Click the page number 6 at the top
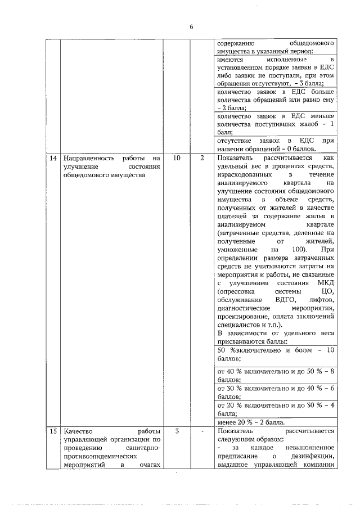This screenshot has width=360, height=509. click(x=191, y=26)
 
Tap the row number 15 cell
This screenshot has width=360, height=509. click(x=52, y=432)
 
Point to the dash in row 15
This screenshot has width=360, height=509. click(x=201, y=432)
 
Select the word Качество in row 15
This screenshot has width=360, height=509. click(x=79, y=432)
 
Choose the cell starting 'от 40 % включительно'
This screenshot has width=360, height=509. click(x=276, y=375)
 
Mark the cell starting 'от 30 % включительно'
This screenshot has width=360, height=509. click(x=276, y=392)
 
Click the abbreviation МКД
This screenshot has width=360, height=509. click(x=326, y=282)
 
